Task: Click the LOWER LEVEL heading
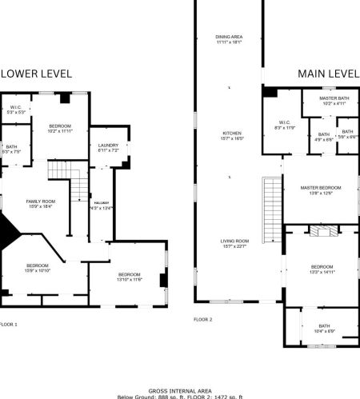pyautogui.click(x=36, y=74)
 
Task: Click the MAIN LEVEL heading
pyautogui.click(x=328, y=74)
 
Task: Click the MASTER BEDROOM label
pyautogui.click(x=320, y=190)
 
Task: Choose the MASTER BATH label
pyautogui.click(x=330, y=100)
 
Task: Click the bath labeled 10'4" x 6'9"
pyautogui.click(x=324, y=328)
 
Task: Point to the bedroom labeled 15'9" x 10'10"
pyautogui.click(x=38, y=269)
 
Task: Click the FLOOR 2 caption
pyautogui.click(x=202, y=319)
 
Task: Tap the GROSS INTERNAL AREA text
pyautogui.click(x=180, y=389)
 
